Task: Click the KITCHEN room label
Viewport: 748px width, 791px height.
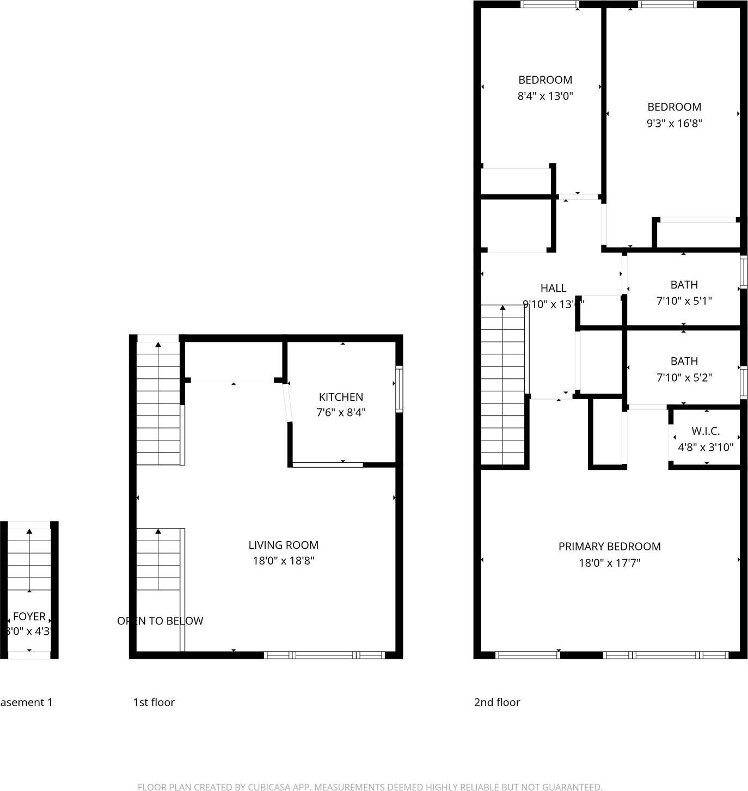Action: pyautogui.click(x=341, y=397)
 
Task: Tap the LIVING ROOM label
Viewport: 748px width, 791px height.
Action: pyautogui.click(x=283, y=545)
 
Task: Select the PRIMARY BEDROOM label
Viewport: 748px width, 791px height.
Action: pyautogui.click(x=609, y=547)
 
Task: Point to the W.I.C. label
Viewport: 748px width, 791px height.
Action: pyautogui.click(x=706, y=431)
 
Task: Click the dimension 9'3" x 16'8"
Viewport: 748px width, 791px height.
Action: pyautogui.click(x=674, y=123)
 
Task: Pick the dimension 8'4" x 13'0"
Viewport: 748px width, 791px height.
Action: pyautogui.click(x=545, y=96)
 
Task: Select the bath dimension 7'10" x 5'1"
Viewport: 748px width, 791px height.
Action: pyautogui.click(x=684, y=301)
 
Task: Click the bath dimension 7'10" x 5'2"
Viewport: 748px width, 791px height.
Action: pyautogui.click(x=684, y=377)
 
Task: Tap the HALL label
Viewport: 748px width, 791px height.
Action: pyautogui.click(x=553, y=289)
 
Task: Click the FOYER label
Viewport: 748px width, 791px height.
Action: pyautogui.click(x=29, y=616)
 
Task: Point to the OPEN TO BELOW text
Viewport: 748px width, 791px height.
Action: pyautogui.click(x=160, y=621)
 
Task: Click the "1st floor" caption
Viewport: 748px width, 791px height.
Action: pyautogui.click(x=154, y=702)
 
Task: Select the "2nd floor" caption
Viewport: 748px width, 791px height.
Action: pyautogui.click(x=496, y=702)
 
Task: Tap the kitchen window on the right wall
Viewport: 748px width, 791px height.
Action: pyautogui.click(x=399, y=389)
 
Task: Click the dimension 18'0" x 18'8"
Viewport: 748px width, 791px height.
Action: pyautogui.click(x=283, y=561)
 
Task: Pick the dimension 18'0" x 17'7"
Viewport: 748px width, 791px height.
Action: pyautogui.click(x=609, y=563)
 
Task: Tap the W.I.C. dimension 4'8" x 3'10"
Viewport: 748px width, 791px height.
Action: pyautogui.click(x=706, y=447)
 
